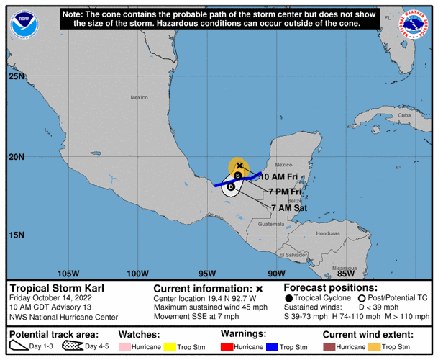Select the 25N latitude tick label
tap(16, 76)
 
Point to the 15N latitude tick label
tap(16, 235)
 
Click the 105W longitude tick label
tap(68, 273)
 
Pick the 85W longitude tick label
tap(346, 273)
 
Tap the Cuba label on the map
tap(404, 115)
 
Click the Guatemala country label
tap(270, 224)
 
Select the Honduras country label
tap(327, 233)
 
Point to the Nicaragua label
tap(343, 268)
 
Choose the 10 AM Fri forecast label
tap(280, 176)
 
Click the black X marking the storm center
tap(239, 166)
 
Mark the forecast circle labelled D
tap(230, 186)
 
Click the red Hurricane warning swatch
tap(229, 347)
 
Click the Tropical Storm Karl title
tap(57, 288)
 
